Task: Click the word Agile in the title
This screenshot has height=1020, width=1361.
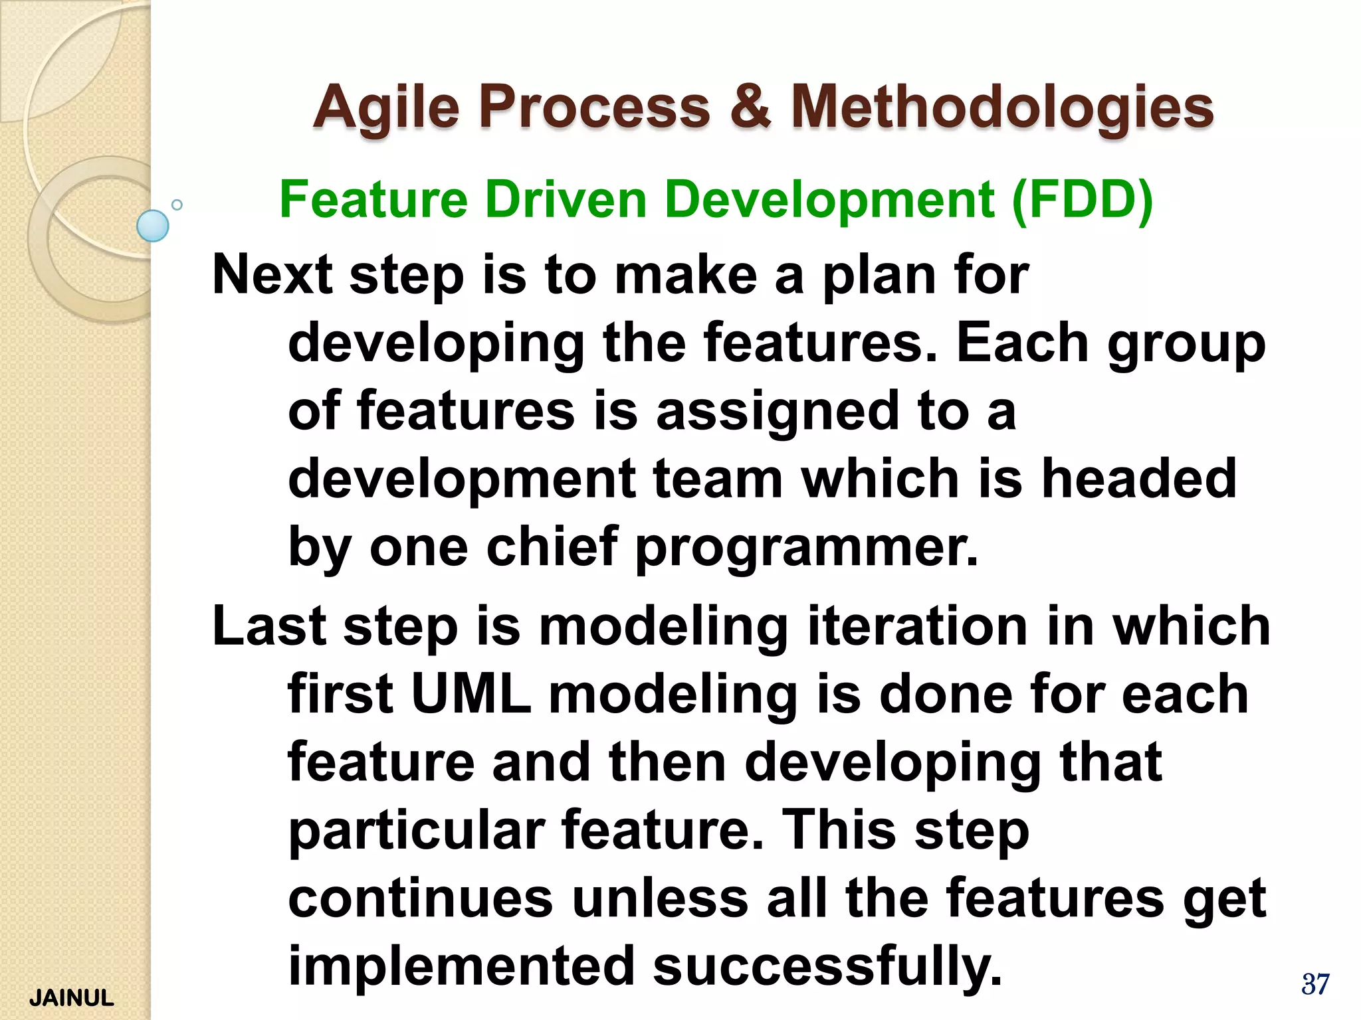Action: pos(386,108)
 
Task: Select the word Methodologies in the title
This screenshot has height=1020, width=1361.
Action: pos(1002,108)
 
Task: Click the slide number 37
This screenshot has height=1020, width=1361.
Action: pos(1315,984)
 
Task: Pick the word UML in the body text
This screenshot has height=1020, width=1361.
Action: pos(471,694)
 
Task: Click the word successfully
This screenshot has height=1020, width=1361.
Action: pos(827,966)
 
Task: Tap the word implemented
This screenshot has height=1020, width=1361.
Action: pos(461,966)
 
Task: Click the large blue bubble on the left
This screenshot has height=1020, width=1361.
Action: pos(153,226)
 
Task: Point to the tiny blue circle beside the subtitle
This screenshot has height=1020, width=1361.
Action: pos(177,205)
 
